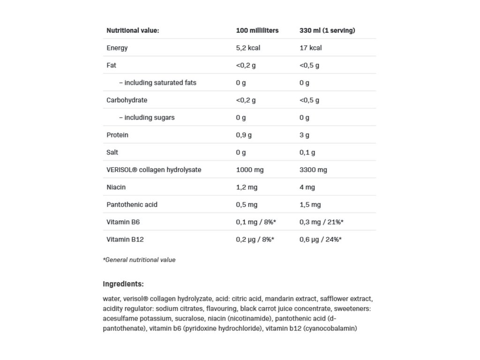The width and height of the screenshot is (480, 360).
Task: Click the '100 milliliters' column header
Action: pos(257,30)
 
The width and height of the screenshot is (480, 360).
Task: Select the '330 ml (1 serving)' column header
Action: pos(327,30)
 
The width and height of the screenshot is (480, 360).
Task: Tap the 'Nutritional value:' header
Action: pos(133,30)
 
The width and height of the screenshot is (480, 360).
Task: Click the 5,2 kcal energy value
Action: pos(248,48)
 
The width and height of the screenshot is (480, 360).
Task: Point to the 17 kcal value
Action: pos(310,48)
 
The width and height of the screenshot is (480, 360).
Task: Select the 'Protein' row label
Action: pos(117,135)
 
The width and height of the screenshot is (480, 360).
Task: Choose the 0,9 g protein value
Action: pos(244,135)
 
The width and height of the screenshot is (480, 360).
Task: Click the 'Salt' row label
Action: pos(112,152)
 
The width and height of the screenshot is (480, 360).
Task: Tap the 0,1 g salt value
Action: pos(307,152)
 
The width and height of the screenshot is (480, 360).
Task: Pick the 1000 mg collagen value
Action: pos(249,170)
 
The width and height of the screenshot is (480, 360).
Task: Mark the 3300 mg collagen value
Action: pos(313,170)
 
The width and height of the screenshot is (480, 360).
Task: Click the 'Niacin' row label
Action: pos(116,187)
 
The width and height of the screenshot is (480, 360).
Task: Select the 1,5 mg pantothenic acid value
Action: pos(310,204)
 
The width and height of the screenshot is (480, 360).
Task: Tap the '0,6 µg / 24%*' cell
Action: pos(320,239)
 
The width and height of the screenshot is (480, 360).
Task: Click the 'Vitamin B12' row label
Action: pos(125,239)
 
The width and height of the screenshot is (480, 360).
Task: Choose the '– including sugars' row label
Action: pos(146,118)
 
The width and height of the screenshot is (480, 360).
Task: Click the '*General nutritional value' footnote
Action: pos(139,260)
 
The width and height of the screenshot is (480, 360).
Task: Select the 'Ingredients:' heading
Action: pos(123,284)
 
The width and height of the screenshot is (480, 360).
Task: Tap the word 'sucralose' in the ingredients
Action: pos(176,319)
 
